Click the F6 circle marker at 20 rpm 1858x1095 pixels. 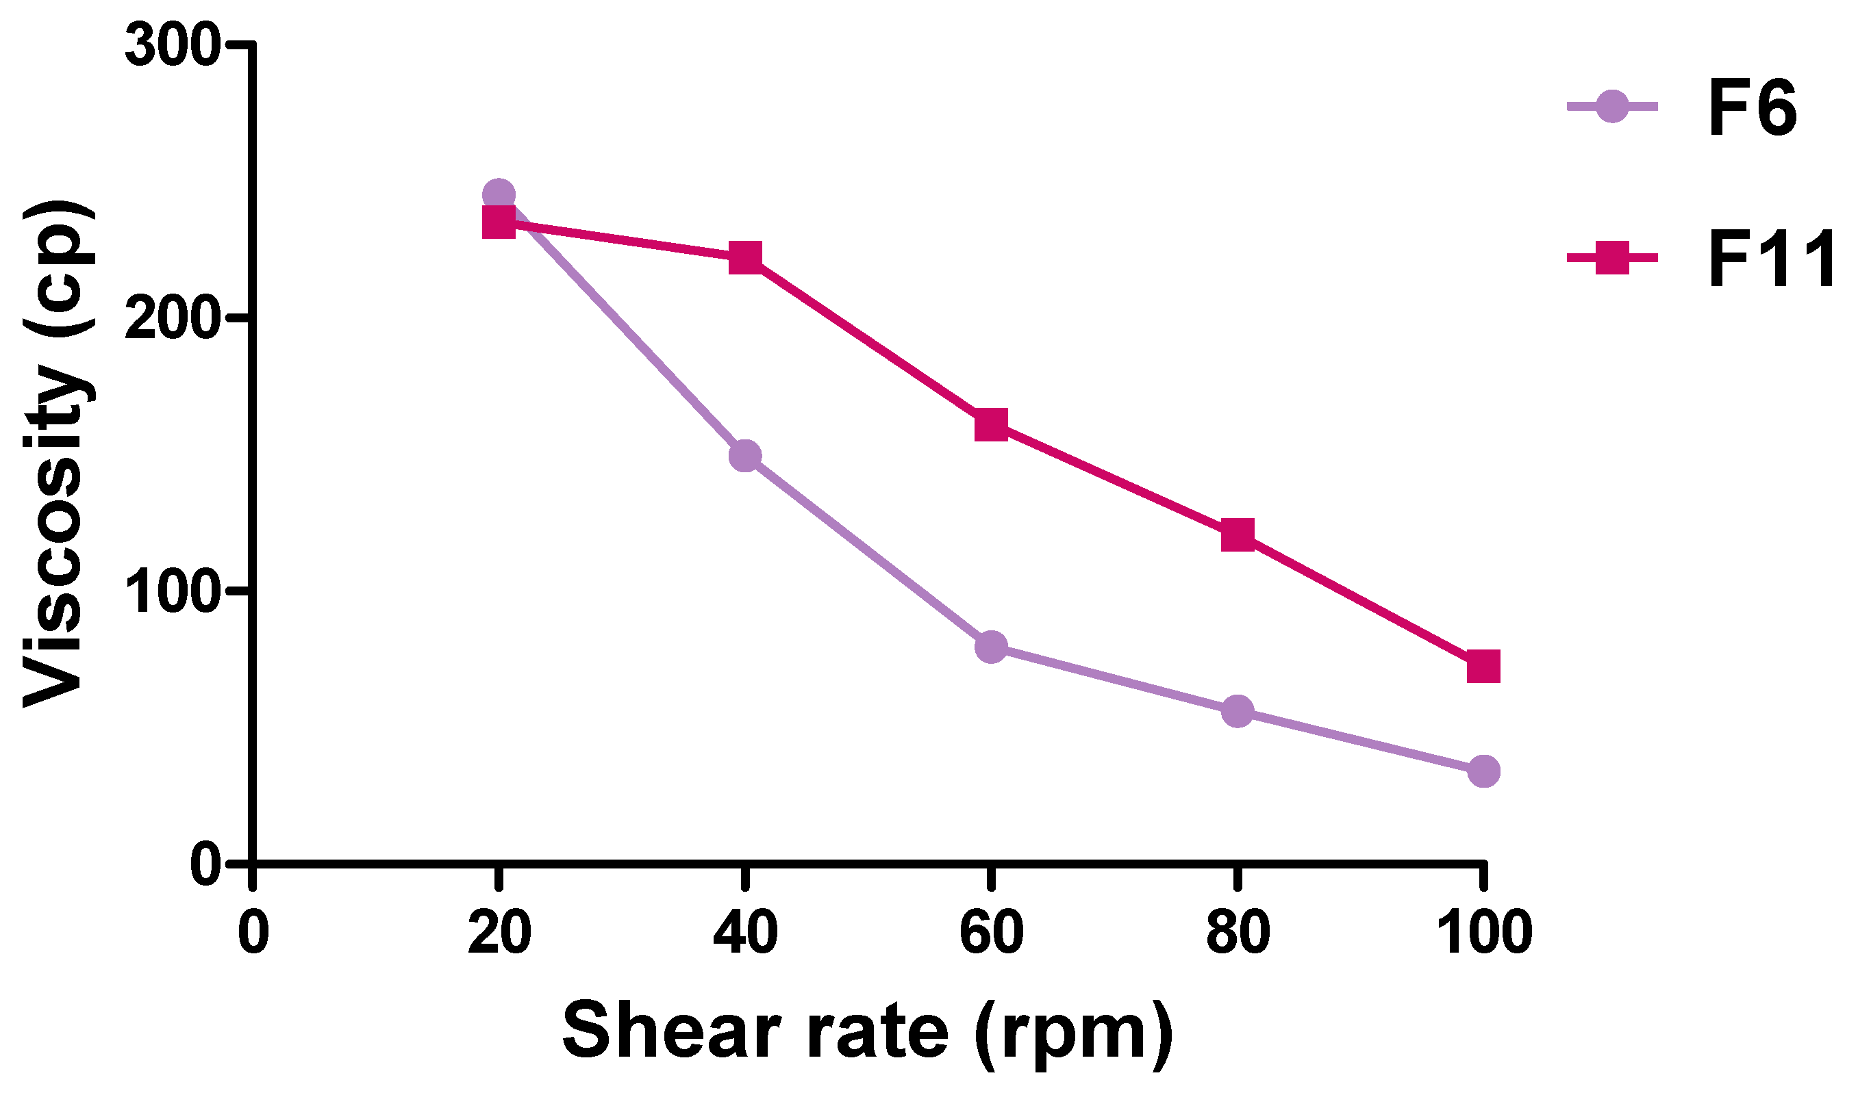click(499, 196)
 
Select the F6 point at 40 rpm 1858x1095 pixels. click(745, 456)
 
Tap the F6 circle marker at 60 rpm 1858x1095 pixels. click(991, 647)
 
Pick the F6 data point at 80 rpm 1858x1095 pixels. click(1238, 711)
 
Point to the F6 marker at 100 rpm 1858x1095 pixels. click(1484, 772)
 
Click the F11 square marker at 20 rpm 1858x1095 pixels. click(499, 222)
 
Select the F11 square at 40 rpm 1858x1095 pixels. click(745, 257)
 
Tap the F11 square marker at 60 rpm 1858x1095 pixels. click(991, 424)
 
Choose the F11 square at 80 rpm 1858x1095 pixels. click(1238, 534)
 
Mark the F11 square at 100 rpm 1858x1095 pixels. click(1484, 667)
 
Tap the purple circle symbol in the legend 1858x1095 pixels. click(1613, 107)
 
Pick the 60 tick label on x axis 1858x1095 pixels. click(991, 932)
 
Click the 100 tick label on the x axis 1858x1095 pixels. click(1484, 932)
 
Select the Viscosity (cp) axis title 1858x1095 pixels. click(58, 454)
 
